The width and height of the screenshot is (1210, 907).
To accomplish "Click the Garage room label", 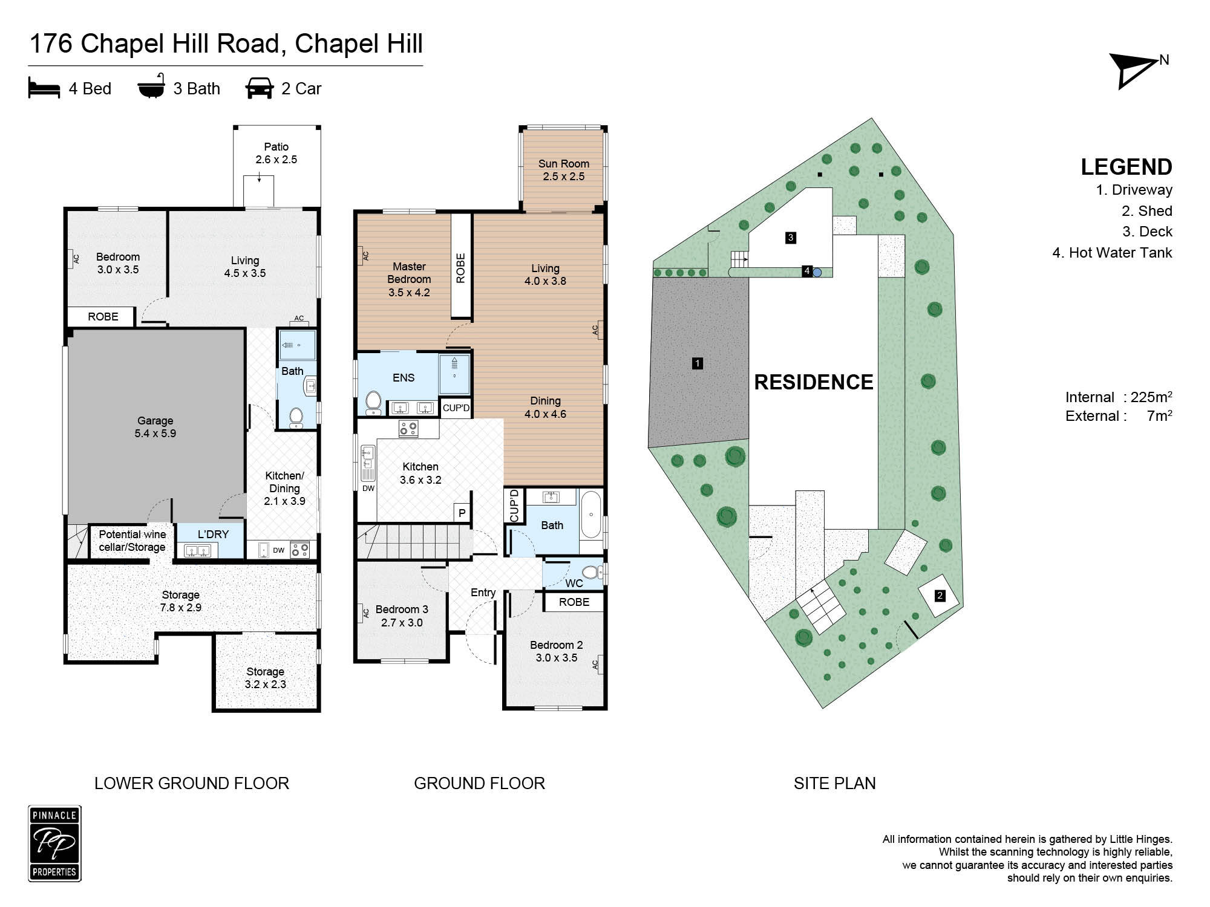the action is (x=155, y=427).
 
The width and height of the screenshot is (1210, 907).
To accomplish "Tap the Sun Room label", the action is (x=564, y=170).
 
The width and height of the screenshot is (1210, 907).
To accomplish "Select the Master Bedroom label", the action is (x=409, y=279).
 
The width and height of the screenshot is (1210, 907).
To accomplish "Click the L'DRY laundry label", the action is (x=213, y=534).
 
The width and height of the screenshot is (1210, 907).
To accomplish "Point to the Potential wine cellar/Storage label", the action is (x=132, y=541).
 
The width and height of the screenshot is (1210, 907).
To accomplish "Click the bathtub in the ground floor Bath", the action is (x=591, y=515).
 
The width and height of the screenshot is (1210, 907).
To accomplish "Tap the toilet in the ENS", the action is (x=373, y=403).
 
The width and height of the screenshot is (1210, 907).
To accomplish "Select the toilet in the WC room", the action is (x=592, y=571).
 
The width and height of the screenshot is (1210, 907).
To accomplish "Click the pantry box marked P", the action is (x=462, y=513).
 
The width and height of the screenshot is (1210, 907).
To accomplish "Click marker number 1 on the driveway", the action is (x=698, y=363).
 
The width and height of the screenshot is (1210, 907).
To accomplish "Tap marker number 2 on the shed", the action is (x=940, y=596).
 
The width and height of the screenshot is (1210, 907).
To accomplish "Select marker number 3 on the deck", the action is (x=790, y=238).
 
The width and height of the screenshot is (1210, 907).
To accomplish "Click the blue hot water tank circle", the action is (x=817, y=273).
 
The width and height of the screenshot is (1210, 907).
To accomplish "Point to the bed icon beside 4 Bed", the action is (x=44, y=89).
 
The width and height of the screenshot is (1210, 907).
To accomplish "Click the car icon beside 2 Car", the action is (x=260, y=88).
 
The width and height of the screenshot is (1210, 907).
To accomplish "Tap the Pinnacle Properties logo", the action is (x=54, y=844).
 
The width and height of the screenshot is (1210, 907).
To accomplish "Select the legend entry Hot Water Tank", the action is (x=1112, y=253).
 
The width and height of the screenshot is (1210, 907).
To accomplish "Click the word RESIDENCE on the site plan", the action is (x=814, y=382).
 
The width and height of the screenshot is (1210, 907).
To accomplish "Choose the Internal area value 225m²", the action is (x=1151, y=397).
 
